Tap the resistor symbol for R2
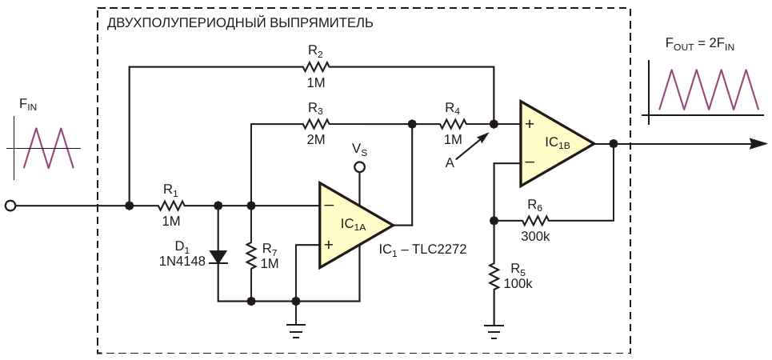315,67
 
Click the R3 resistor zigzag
315,124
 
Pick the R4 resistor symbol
453,124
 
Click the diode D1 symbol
218,257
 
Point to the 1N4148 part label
182,259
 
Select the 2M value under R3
316,139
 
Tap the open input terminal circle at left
10,206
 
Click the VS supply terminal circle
360,167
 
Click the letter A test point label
450,162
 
